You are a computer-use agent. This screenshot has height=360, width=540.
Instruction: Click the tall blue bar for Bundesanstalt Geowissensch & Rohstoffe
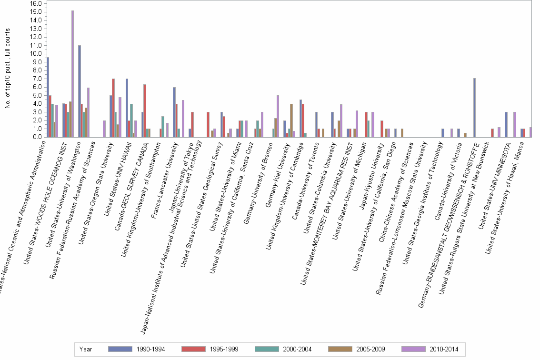click(474, 108)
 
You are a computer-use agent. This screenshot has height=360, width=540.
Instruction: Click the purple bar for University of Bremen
click(278, 116)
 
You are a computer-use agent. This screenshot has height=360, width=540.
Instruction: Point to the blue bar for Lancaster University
click(174, 112)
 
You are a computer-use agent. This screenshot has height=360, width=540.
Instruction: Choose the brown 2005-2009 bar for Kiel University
click(291, 120)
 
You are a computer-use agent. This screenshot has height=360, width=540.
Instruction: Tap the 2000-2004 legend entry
click(283, 349)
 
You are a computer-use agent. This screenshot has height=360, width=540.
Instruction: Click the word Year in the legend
click(86, 349)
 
